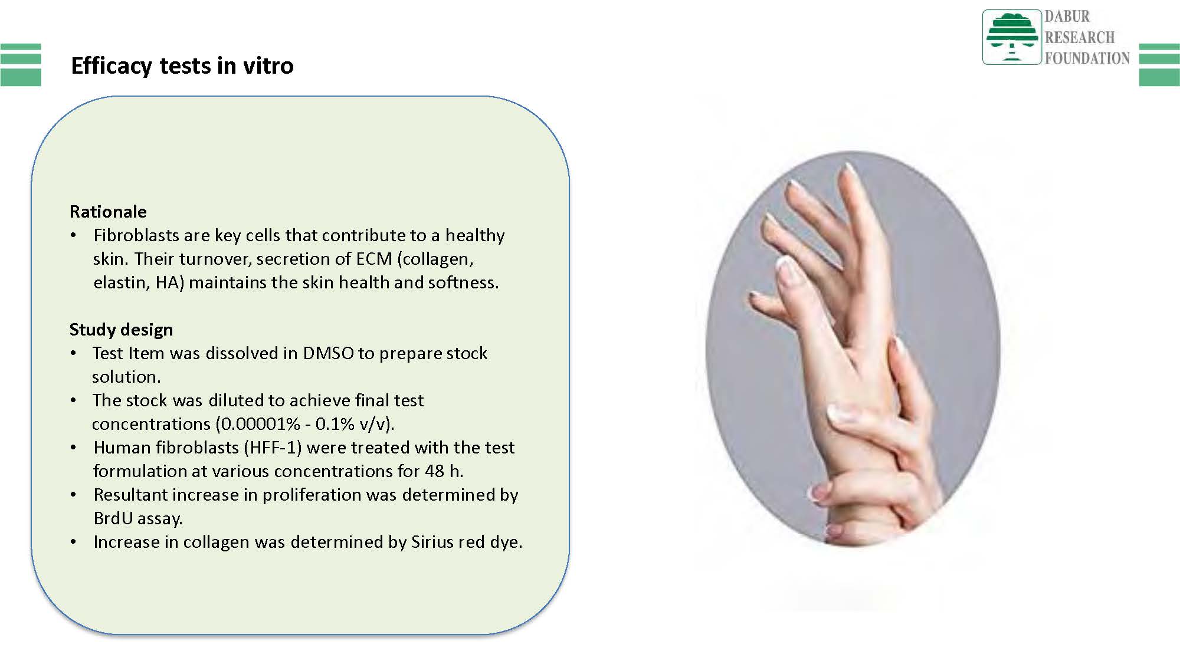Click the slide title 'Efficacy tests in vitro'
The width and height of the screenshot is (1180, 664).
click(182, 65)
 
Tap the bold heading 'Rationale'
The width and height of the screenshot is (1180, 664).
click(108, 212)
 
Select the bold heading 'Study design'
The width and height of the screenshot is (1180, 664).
click(121, 330)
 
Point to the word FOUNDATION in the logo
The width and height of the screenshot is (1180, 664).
click(1087, 58)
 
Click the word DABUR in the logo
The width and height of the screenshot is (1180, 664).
click(1067, 17)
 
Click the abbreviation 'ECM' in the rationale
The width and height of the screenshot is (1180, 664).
click(374, 259)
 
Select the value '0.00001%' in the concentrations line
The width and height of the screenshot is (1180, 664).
click(260, 424)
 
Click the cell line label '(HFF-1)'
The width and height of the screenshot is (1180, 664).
click(273, 448)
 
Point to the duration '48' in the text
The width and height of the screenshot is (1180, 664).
click(434, 471)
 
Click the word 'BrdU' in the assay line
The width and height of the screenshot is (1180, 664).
click(113, 518)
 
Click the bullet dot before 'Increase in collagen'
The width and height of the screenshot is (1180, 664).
click(73, 542)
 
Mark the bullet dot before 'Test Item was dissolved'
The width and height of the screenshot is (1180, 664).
click(73, 353)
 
